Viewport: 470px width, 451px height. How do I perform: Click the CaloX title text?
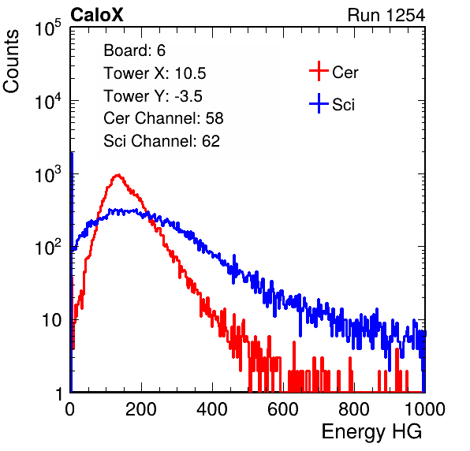tap(97, 15)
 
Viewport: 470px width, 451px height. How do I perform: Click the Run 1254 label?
tap(386, 15)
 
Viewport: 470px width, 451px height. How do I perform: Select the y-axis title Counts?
tap(11, 61)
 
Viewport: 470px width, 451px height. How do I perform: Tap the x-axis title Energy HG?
tap(371, 432)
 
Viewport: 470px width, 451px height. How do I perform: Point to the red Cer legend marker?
tap(319, 71)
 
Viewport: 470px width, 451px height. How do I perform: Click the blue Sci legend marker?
tap(319, 103)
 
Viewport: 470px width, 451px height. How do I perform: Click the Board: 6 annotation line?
tap(134, 50)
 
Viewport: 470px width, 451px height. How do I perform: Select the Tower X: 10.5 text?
tap(155, 73)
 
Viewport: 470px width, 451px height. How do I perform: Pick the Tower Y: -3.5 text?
tap(153, 96)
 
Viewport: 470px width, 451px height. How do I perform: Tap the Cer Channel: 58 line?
tap(163, 118)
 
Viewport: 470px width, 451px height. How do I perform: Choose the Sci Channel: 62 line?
tap(162, 141)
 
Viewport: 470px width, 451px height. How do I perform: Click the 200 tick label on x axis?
tap(141, 409)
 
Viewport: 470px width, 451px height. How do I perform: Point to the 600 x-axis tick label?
tap(283, 409)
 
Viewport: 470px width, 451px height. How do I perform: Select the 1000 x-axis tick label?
tap(425, 409)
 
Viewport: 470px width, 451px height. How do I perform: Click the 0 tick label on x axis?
tap(70, 409)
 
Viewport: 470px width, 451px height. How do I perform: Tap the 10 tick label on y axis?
tap(52, 320)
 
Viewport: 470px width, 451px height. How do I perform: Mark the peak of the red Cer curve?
tap(118, 175)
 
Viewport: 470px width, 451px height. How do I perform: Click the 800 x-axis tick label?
tap(354, 409)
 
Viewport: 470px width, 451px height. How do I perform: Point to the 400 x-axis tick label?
tap(212, 409)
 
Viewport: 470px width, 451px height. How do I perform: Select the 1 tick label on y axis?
tap(59, 393)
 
